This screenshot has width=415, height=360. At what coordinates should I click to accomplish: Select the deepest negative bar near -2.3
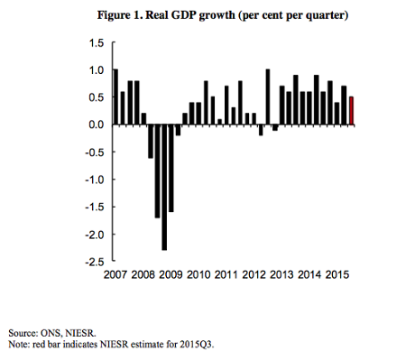click(164, 187)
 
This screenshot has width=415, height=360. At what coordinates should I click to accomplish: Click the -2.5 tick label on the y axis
click(95, 263)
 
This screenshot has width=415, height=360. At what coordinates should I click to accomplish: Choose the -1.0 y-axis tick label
click(95, 180)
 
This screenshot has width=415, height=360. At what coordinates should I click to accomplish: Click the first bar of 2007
click(115, 97)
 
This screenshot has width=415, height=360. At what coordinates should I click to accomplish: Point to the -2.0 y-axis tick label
click(95, 235)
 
